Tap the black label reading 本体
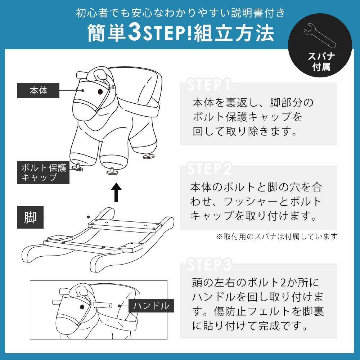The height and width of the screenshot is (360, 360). point(39,91)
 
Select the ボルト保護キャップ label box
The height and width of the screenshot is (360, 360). point(44,172)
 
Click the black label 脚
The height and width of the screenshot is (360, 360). point(30,217)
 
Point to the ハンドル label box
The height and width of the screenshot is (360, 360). point(151,306)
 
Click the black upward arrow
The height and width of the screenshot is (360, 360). point(116,192)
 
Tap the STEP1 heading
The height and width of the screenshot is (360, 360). point(208,85)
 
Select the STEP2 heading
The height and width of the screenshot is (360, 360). point(210,168)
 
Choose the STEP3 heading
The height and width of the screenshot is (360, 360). point(210,265)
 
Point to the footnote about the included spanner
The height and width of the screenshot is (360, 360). point(276,236)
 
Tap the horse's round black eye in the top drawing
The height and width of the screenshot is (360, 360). point(100,92)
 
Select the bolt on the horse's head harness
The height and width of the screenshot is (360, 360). point(113,87)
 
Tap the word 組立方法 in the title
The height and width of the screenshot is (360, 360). point(234,33)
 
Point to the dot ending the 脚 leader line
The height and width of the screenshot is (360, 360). point(89,217)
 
